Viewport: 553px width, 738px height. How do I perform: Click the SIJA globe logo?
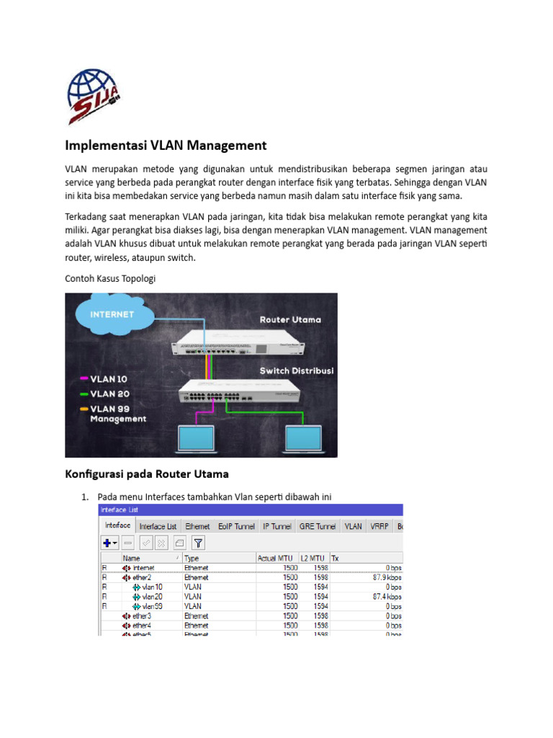pos(94,97)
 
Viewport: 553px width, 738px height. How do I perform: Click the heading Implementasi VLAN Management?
pos(166,146)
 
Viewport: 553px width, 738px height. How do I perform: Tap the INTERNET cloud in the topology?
pos(112,314)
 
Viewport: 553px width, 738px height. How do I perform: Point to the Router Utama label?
pos(290,319)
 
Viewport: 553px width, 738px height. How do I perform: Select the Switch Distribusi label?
pos(296,370)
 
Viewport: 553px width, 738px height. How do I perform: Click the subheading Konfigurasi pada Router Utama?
pos(147,474)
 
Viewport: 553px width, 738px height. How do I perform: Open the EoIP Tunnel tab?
pos(236,527)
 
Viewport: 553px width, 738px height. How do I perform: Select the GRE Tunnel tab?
pos(318,527)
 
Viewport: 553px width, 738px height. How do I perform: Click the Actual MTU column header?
pos(276,558)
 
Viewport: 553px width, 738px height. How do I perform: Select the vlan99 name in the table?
pos(152,606)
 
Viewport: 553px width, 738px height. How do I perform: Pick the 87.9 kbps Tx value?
pos(387,577)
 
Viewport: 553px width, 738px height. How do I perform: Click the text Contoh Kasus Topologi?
pos(111,278)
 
